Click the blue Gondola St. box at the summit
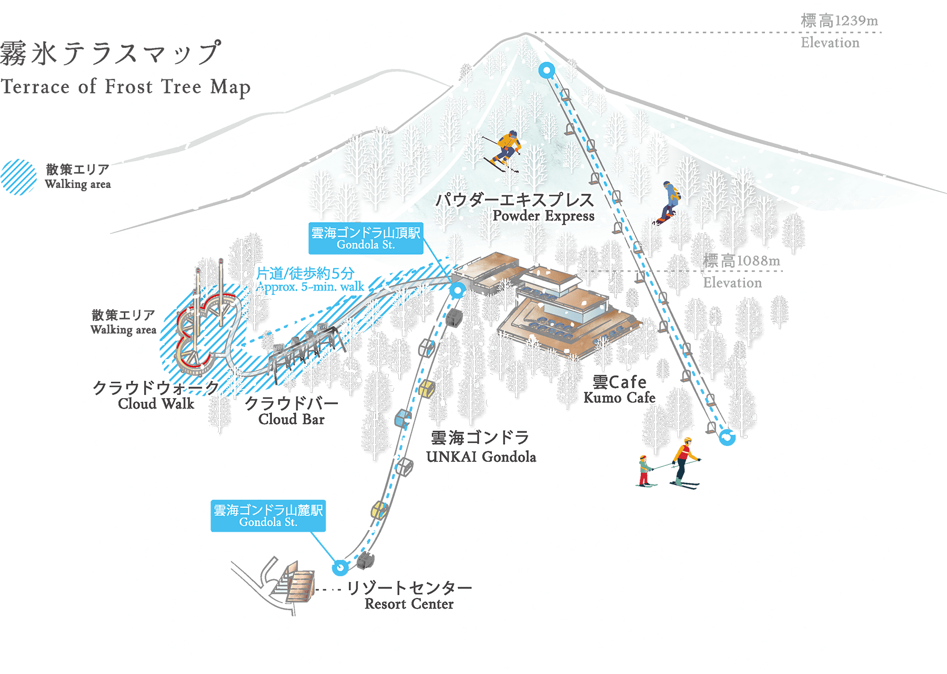click(366, 239)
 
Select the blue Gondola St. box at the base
click(268, 516)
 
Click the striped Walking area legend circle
click(18, 177)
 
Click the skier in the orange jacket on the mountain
click(505, 149)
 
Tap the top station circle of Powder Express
click(547, 70)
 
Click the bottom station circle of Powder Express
click(727, 437)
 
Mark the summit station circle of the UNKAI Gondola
click(457, 290)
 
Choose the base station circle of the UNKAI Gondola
click(340, 567)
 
